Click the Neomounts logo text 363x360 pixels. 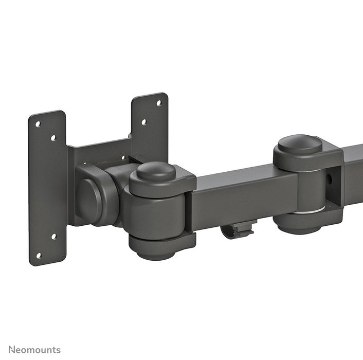pyautogui.click(x=34, y=350)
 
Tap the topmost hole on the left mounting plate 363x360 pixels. pyautogui.click(x=38, y=123)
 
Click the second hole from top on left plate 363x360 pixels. pyautogui.click(x=53, y=138)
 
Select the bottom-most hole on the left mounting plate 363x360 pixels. pyautogui.click(x=38, y=255)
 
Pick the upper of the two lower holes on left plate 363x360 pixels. pyautogui.click(x=53, y=237)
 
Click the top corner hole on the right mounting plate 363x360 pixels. pyautogui.click(x=158, y=103)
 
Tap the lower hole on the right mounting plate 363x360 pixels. pyautogui.click(x=143, y=122)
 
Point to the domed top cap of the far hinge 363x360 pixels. pyautogui.click(x=300, y=144)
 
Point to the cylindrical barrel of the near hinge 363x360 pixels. pyautogui.click(x=154, y=211)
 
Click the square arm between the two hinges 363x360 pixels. pyautogui.click(x=242, y=195)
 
